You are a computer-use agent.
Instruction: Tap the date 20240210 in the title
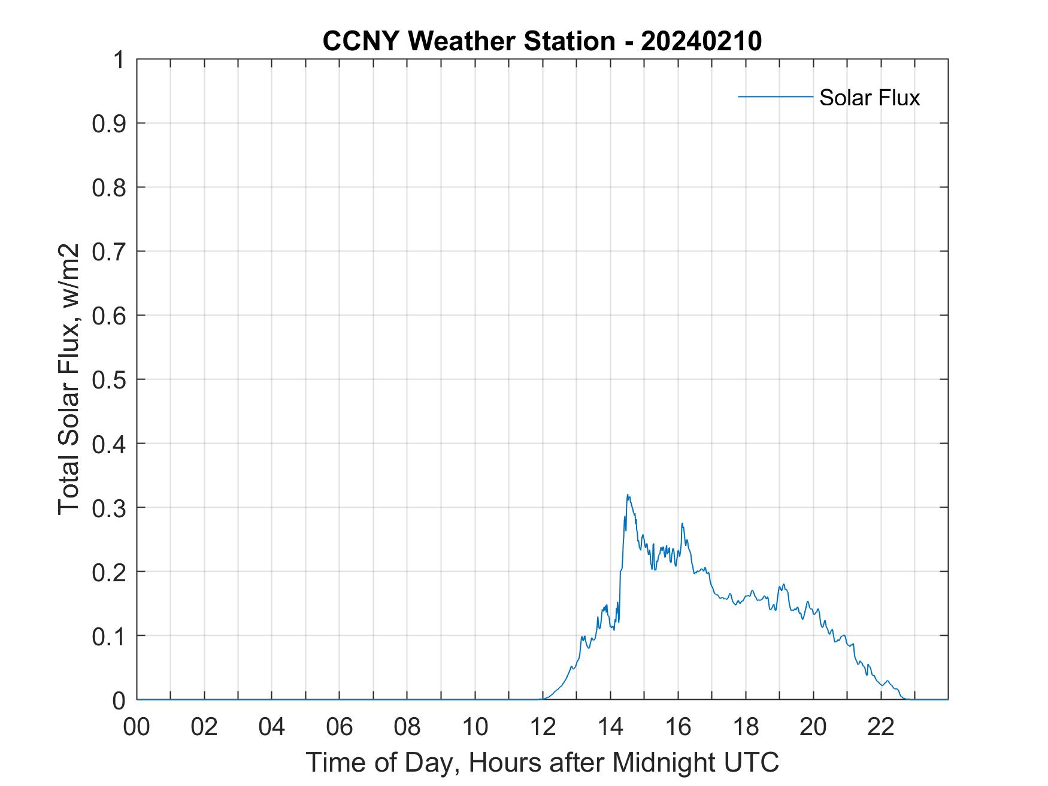coord(701,41)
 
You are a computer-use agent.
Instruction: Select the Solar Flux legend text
coord(869,97)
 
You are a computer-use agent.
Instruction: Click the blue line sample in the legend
coord(775,96)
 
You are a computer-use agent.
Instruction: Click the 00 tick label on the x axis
coord(137,727)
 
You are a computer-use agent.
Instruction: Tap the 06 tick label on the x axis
coord(340,727)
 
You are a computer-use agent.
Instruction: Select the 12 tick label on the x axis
coord(543,727)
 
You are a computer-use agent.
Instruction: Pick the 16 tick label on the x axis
coord(678,727)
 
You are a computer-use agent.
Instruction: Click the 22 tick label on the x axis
coord(881,727)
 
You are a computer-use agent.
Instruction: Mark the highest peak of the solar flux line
coord(627,495)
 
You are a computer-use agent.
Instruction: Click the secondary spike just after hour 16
coord(682,524)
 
